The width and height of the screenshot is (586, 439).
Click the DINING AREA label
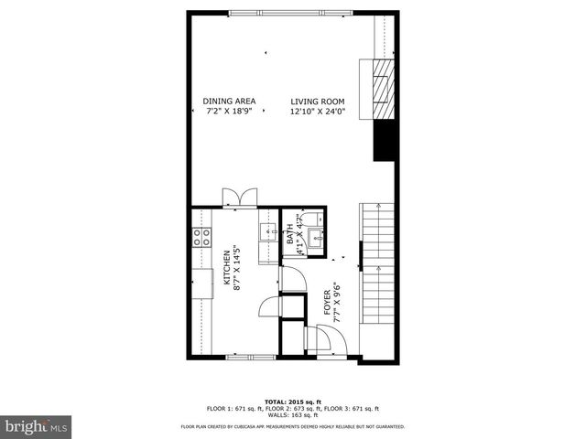click(229, 101)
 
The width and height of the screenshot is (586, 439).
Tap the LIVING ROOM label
click(317, 101)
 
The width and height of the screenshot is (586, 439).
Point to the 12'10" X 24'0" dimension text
click(317, 112)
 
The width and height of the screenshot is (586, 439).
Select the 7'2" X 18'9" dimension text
click(229, 112)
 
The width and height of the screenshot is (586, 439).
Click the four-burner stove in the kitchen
click(201, 237)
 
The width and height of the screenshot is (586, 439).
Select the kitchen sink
click(269, 232)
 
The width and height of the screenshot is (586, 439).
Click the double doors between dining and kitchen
click(240, 197)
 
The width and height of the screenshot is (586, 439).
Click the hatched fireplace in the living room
click(384, 90)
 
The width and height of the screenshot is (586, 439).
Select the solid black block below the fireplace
click(384, 139)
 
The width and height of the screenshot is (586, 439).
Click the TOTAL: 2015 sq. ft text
click(293, 402)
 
